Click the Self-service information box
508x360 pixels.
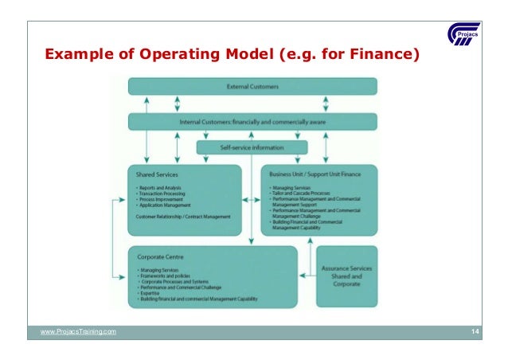coord(252,147)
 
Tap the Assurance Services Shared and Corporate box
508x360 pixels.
coord(346,276)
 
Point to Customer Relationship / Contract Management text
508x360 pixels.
coord(183,216)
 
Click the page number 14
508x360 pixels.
coord(475,331)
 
